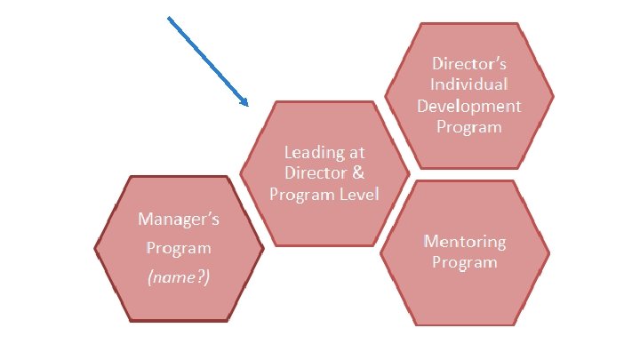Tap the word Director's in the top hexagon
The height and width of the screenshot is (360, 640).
pyautogui.click(x=468, y=63)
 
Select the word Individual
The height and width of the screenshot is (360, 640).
pyautogui.click(x=468, y=84)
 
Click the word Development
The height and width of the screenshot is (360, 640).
pyautogui.click(x=468, y=106)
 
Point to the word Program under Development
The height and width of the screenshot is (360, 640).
pyautogui.click(x=468, y=127)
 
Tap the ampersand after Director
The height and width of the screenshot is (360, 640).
pyautogui.click(x=357, y=172)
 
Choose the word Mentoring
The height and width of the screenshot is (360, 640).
pyautogui.click(x=464, y=241)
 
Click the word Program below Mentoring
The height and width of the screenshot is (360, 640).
pyautogui.click(x=464, y=262)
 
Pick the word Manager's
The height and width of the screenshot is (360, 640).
pyautogui.click(x=179, y=219)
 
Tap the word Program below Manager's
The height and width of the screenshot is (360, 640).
pyautogui.click(x=179, y=248)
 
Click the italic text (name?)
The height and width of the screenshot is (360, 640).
pyautogui.click(x=179, y=277)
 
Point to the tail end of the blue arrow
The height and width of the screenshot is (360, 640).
pyautogui.click(x=170, y=19)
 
